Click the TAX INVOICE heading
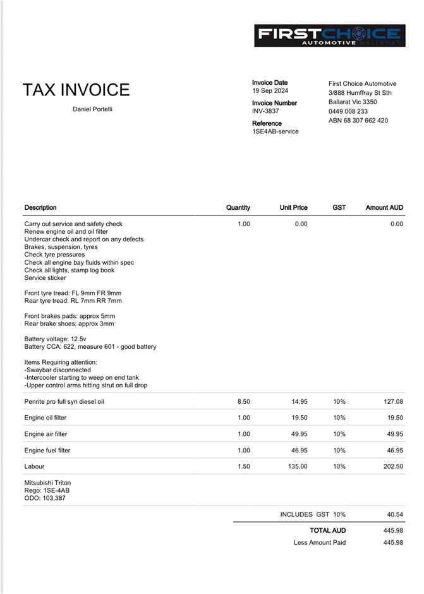[76, 90]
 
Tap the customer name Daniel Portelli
[93, 109]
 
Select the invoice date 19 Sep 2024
[270, 90]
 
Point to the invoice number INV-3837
[265, 111]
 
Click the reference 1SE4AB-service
[275, 131]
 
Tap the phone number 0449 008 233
[348, 111]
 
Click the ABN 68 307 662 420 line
[358, 120]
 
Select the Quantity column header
[238, 207]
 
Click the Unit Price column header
[294, 207]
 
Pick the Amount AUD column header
[384, 207]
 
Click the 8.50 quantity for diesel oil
[243, 401]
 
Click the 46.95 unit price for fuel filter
[299, 451]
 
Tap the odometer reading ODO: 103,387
[45, 498]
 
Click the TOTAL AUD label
[327, 530]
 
